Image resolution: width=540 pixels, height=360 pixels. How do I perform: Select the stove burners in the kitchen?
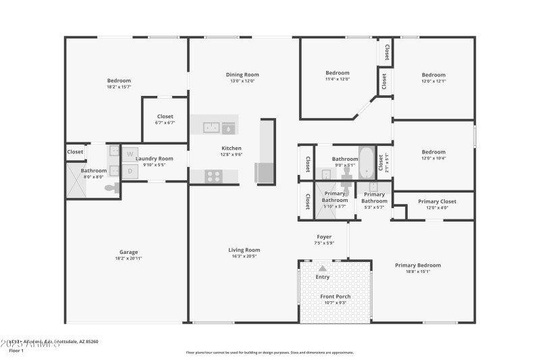pos(214,176)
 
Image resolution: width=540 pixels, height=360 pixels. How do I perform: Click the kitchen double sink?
pos(211,126)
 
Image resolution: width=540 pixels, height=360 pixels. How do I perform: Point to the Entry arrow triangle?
pos(323,268)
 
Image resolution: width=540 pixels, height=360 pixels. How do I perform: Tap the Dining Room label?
pos(242,75)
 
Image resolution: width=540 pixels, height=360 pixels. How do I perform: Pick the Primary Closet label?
pos(437,201)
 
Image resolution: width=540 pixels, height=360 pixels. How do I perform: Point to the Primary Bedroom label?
pos(418,265)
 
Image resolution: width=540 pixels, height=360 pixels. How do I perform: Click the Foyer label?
pos(324,237)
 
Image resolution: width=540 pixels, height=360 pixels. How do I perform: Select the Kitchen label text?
pos(232,148)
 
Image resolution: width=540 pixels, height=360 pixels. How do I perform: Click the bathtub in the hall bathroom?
pos(365,161)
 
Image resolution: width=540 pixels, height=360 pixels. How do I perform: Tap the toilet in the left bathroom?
pos(111,188)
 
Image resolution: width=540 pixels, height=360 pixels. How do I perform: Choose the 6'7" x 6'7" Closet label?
pos(165,117)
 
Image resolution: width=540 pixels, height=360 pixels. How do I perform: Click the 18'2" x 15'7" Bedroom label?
pos(119,81)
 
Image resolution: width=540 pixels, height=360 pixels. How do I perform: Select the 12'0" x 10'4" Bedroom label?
pos(433,152)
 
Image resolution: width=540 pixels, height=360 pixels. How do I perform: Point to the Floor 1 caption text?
pos(17,351)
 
